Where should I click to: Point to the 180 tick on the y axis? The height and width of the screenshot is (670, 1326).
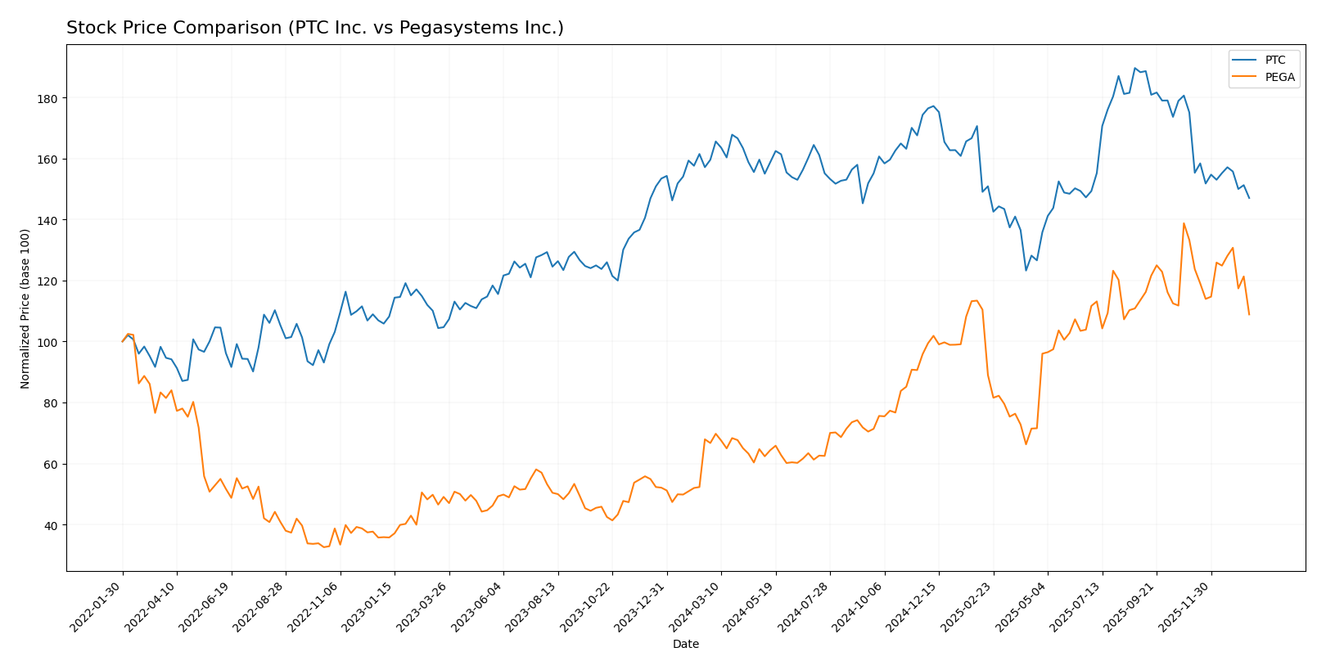point(48,98)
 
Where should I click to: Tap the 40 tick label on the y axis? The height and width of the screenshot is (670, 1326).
point(51,525)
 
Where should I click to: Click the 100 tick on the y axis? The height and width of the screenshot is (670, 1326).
point(48,342)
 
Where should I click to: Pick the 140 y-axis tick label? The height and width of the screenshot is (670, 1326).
point(48,220)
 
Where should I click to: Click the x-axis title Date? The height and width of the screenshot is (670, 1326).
point(686,645)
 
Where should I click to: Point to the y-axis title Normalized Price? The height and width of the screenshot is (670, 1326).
point(25,308)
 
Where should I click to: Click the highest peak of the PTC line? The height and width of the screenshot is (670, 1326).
point(1134,68)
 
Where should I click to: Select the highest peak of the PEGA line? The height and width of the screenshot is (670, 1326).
point(1184,223)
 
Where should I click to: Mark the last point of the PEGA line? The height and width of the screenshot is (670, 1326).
point(1249,314)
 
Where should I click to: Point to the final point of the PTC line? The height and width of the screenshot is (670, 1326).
point(1249,198)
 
